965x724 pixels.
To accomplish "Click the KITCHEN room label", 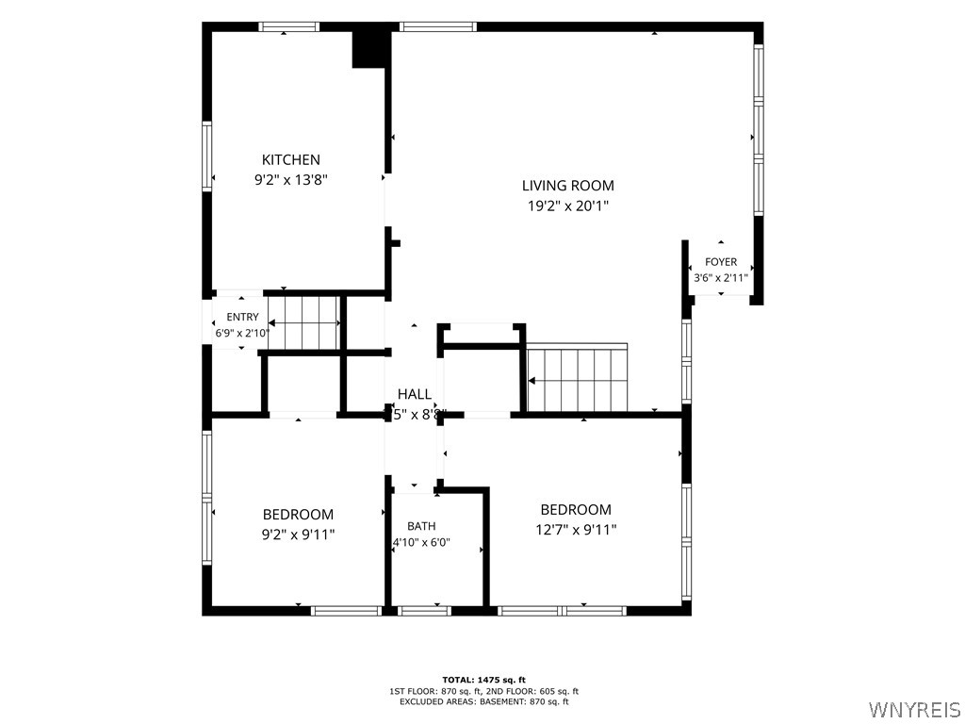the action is pos(291,159).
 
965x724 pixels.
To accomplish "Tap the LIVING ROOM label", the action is pos(568,186).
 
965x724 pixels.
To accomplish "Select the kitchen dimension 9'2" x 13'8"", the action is pos(291,180).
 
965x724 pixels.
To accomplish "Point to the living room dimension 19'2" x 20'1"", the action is pos(568,206).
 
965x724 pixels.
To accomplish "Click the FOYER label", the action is pos(721,262).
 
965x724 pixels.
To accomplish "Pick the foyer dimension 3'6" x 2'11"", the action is pos(721,278).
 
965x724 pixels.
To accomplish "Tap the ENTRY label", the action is pos(242,317).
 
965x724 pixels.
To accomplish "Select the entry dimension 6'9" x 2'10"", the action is pos(242,333).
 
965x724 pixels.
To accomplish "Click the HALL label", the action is pos(415,394).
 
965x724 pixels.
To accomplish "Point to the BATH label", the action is pos(421,526).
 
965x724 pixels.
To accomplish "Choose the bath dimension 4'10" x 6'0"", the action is pos(421,542).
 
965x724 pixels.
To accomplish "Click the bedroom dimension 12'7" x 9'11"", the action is pos(576,530).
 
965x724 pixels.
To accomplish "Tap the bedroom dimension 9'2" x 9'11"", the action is pos(299,535).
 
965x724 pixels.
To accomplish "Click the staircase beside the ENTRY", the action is pos(304,322).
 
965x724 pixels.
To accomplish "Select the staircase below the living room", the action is pos(578,377).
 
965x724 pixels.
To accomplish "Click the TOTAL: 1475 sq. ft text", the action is pos(483,680).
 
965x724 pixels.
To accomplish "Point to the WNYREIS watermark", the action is pos(914,709).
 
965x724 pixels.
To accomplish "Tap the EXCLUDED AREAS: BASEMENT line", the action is pos(483,701).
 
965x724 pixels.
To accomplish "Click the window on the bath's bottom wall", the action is pos(425,611).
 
